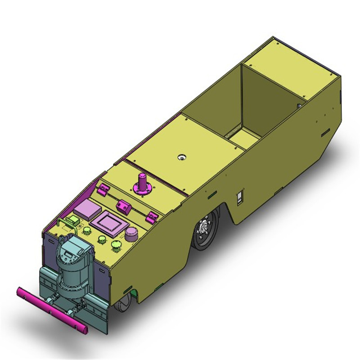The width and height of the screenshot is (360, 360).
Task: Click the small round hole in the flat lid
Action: pyautogui.click(x=182, y=157)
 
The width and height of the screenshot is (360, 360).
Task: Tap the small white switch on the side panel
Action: pyautogui.click(x=240, y=198)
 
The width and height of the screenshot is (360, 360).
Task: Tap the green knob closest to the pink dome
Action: pyautogui.click(x=116, y=244)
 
